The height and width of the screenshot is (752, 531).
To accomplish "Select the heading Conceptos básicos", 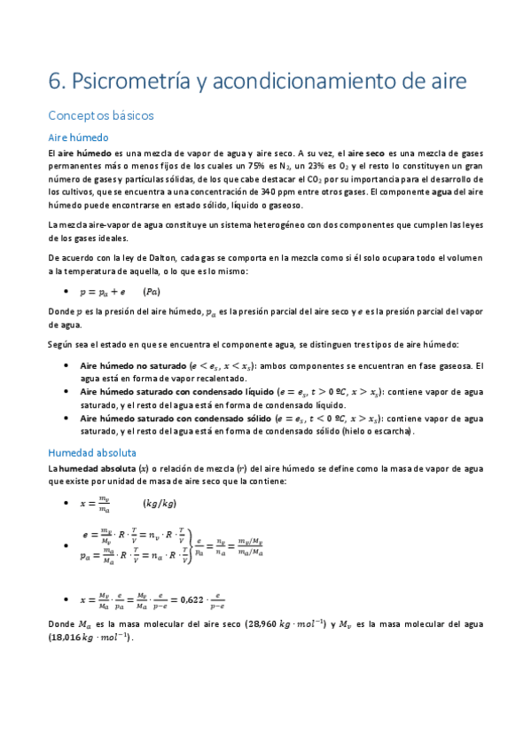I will click(101, 115).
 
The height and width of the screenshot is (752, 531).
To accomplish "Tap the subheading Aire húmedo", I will click(78, 137).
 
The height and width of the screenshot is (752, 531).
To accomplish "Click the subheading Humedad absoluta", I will click(93, 451).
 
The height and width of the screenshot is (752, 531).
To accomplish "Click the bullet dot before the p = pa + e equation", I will click(68, 291).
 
